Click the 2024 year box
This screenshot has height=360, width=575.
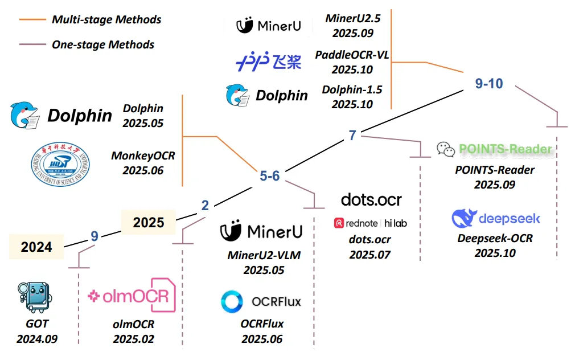(36, 247)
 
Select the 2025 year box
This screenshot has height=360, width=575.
(148, 222)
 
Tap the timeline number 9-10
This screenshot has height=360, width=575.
(489, 83)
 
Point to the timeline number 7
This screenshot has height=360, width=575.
(352, 136)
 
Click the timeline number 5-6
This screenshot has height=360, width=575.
(269, 176)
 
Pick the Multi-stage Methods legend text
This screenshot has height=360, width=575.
(106, 20)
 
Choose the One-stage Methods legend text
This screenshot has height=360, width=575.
(103, 44)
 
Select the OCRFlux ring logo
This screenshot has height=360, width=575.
(232, 301)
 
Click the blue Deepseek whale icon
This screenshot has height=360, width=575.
(464, 219)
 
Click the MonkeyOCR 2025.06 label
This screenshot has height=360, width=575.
(142, 162)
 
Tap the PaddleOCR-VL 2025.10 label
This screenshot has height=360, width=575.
(352, 62)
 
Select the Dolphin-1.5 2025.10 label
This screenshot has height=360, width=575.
(352, 97)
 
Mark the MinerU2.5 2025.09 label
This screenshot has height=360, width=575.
(352, 26)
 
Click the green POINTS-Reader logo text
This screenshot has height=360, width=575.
(506, 149)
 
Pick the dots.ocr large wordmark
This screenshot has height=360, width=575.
(371, 199)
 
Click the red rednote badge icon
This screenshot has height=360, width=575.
(339, 223)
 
